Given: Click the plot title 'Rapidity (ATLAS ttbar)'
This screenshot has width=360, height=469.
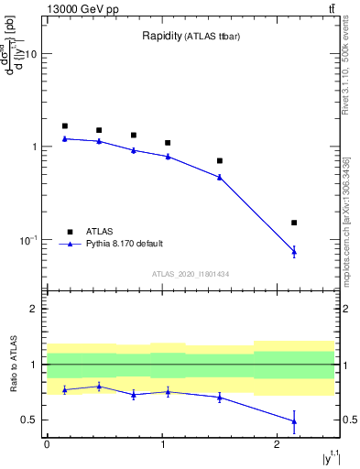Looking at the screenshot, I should [191, 37].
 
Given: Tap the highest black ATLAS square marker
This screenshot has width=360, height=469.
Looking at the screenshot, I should [65, 126].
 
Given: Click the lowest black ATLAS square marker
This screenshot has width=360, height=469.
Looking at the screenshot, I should [294, 223].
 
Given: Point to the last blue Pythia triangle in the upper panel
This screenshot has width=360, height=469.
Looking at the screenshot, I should [294, 251].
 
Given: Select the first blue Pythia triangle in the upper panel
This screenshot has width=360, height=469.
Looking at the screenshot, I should [65, 138].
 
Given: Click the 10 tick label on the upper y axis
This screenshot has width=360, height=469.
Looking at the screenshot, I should [30, 54].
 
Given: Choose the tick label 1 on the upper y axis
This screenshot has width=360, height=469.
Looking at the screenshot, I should [34, 147].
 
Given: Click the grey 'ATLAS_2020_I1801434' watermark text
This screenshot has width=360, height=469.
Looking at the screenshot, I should [191, 274].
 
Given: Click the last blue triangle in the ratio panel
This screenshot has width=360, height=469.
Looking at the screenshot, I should [294, 421].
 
